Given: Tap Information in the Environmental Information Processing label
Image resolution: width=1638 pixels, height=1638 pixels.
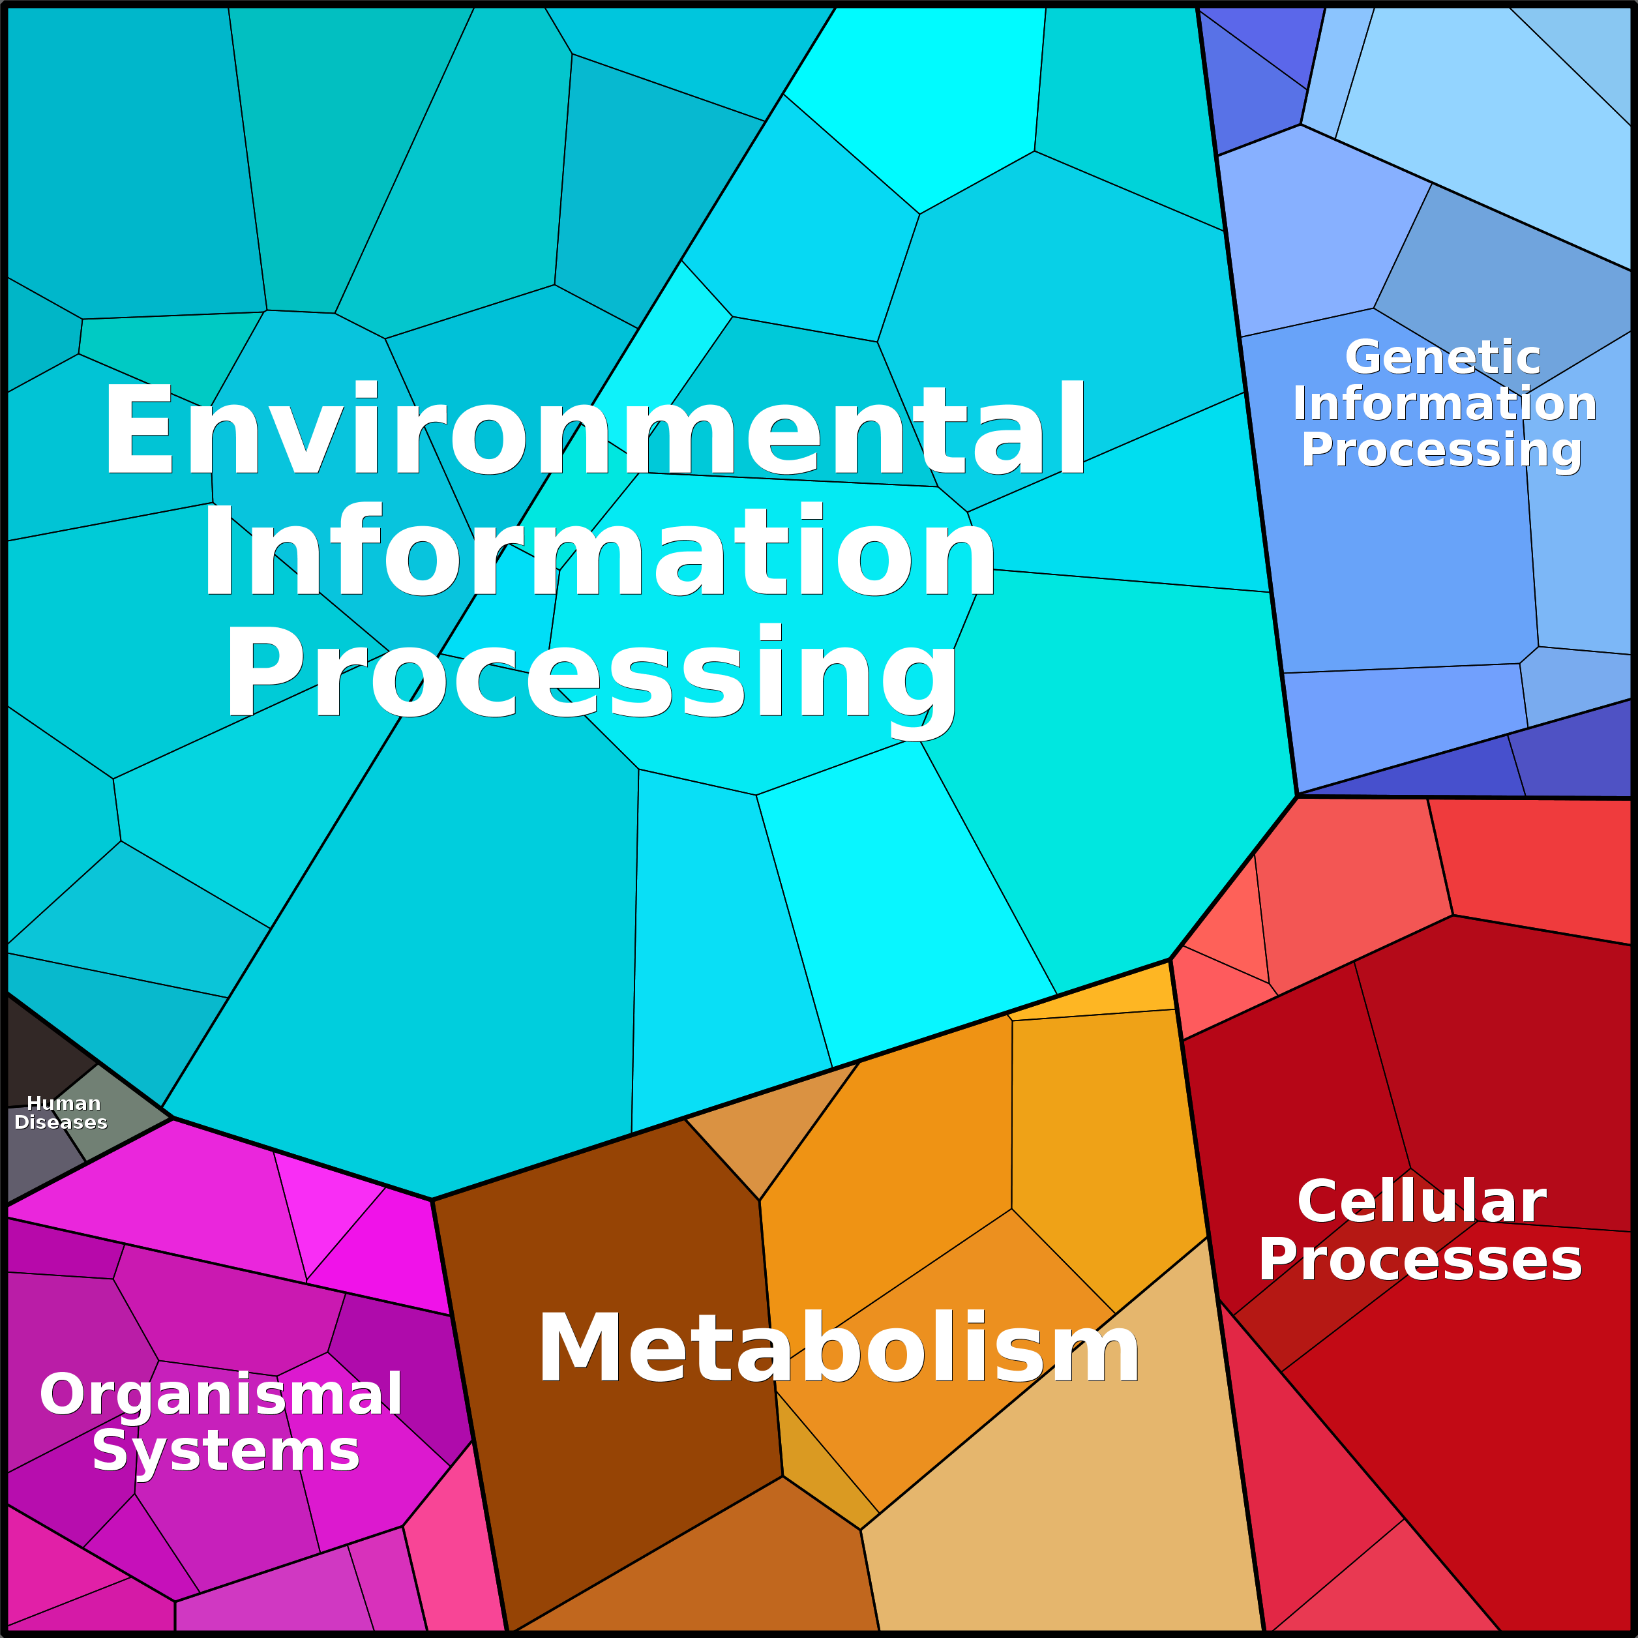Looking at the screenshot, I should click(598, 551).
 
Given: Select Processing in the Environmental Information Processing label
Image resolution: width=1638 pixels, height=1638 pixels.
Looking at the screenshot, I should click(591, 674).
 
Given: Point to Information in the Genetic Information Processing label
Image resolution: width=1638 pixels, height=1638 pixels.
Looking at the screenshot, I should click(1444, 404).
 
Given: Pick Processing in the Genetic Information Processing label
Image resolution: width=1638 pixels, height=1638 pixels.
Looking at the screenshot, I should click(1441, 449).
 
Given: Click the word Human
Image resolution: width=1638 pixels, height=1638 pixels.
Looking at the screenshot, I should click(64, 1103).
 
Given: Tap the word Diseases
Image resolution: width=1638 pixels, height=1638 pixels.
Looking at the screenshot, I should click(61, 1122).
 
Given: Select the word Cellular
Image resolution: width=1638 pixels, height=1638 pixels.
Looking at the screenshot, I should click(1422, 1202).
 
